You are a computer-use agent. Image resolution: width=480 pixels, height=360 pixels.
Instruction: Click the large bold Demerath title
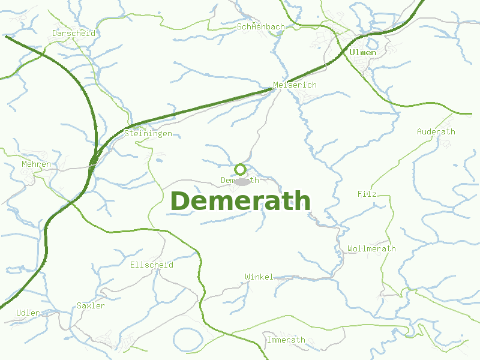[241, 201]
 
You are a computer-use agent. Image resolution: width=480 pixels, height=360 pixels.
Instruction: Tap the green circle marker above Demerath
[240, 169]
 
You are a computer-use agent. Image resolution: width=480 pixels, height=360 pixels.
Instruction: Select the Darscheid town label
[73, 33]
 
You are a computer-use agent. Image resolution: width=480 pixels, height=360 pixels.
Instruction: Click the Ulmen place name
[362, 52]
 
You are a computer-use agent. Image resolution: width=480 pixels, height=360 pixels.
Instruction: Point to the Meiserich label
[294, 85]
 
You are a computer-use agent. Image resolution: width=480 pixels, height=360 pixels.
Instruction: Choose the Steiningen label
[148, 133]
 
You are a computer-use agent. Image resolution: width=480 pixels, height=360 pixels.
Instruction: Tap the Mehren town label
[36, 164]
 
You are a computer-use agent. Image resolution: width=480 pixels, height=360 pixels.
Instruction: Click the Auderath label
[436, 131]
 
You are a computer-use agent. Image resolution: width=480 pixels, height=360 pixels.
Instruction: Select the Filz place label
[367, 194]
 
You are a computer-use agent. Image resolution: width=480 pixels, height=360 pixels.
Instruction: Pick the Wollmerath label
[371, 248]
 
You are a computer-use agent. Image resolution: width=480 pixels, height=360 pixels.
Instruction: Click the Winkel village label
[259, 277]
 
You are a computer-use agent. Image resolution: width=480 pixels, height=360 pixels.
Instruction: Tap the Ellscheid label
[151, 264]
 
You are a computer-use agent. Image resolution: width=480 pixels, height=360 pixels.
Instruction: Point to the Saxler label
[91, 305]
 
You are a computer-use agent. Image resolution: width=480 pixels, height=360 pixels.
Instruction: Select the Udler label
[28, 313]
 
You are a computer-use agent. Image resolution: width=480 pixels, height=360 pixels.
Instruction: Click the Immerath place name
[286, 340]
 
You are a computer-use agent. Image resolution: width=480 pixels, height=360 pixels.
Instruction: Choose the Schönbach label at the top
[261, 27]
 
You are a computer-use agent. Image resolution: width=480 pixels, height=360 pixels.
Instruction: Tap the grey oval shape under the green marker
[242, 181]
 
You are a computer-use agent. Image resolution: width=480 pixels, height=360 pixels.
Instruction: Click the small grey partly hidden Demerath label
[228, 180]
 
